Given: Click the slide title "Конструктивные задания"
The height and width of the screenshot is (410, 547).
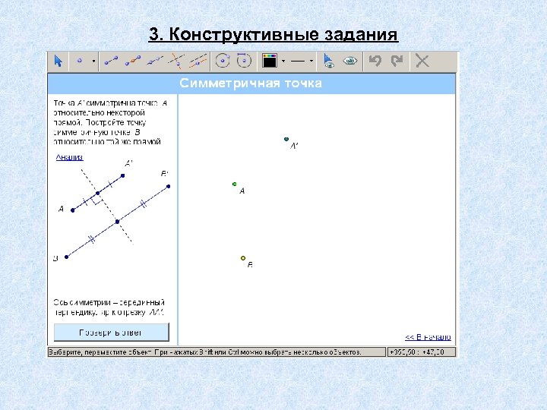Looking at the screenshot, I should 273,35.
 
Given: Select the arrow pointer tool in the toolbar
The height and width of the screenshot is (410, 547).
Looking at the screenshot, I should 58,61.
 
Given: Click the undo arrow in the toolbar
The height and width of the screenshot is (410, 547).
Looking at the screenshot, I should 374,61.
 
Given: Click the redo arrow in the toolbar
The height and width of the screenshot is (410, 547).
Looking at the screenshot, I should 397,61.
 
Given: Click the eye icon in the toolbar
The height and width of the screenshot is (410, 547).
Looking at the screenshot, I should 349,61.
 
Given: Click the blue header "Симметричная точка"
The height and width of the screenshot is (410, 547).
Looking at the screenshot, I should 251,84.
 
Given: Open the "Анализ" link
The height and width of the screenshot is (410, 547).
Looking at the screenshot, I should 69,157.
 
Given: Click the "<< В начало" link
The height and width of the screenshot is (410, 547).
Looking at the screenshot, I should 428,337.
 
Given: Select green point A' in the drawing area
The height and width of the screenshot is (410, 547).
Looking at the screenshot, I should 286,140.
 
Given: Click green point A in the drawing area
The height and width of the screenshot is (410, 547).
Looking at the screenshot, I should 235,184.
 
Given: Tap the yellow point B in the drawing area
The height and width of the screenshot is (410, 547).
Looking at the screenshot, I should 243,258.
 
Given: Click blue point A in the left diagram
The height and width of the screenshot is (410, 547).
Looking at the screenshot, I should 72,209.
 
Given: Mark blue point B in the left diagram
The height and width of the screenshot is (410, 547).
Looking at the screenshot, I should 67,257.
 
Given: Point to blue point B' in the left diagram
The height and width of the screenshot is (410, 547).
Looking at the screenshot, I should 169,186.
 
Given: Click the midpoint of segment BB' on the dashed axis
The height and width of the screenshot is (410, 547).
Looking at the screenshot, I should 117,222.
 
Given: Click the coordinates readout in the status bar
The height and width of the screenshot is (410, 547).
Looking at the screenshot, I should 422,352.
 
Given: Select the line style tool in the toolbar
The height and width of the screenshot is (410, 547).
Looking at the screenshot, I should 298,61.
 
